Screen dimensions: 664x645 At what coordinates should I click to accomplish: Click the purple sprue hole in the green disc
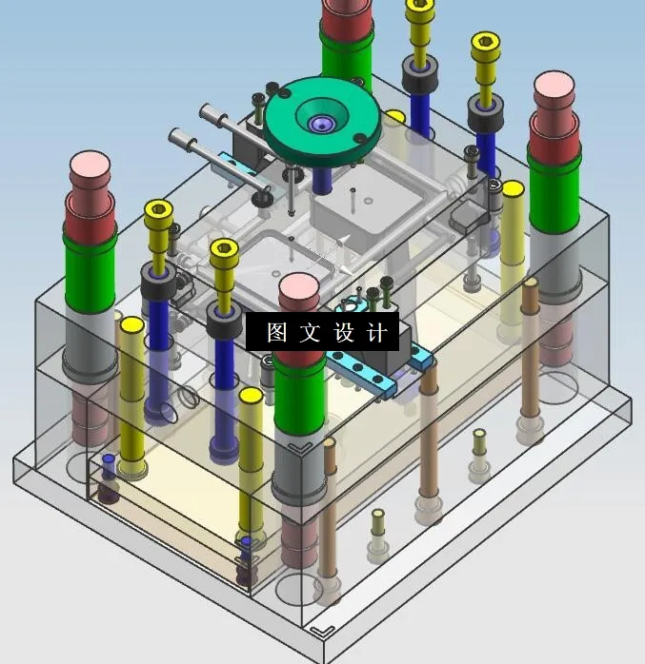322,123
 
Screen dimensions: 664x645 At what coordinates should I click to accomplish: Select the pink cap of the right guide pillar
556,88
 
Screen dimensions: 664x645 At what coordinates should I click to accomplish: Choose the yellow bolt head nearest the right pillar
485,43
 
